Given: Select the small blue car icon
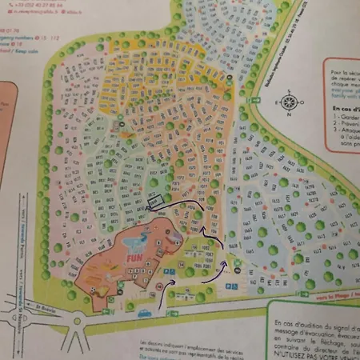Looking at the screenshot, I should coord(145,313).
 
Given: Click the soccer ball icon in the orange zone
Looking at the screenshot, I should coord(94,287).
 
